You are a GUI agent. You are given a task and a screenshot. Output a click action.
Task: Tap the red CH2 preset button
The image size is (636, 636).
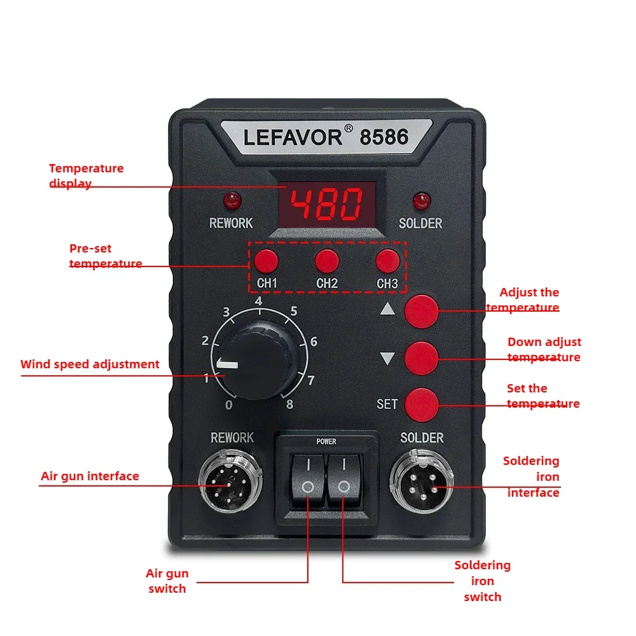[x=326, y=261]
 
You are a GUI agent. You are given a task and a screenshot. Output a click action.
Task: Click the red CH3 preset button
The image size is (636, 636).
[x=387, y=261]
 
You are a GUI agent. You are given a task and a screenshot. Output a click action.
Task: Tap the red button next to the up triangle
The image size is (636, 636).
[x=422, y=310]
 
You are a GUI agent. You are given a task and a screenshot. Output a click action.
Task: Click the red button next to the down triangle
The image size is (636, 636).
[x=422, y=357]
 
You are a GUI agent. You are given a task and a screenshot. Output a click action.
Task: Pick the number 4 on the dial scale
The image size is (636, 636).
[x=258, y=301]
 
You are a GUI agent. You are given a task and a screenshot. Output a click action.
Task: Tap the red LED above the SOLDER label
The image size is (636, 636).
[x=420, y=201]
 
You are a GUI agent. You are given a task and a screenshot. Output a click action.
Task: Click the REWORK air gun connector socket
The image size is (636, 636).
[x=231, y=481]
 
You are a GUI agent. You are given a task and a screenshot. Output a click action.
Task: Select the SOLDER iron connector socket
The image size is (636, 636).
[x=420, y=481]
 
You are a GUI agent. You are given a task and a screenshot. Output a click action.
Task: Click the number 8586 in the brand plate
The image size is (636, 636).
[x=385, y=137]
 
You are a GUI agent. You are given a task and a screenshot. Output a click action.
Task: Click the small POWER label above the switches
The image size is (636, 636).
[x=326, y=441]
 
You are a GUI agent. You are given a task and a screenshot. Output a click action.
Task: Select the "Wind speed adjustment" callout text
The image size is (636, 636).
[x=90, y=364]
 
